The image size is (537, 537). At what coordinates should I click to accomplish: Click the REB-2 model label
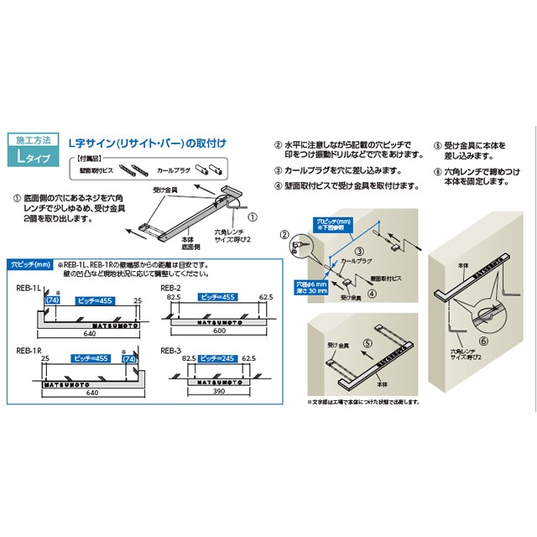171,287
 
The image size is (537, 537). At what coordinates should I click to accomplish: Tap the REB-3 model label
171,349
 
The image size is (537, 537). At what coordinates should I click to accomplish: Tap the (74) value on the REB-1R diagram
128,358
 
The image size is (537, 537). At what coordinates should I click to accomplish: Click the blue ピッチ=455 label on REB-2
216,296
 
